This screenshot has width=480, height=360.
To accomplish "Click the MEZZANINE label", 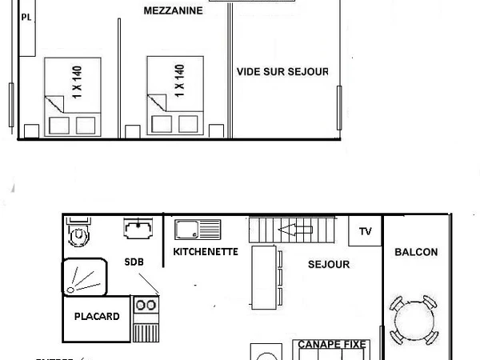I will pos(173,11).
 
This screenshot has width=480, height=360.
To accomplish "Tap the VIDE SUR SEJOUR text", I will pos(282,71).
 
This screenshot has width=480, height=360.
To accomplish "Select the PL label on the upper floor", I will pos(26,17).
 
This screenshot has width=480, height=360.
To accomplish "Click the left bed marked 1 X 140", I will pos(73,97).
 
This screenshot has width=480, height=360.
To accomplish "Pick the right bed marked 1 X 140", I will pos(175,97).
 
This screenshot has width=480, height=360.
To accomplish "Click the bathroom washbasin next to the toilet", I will pos(138,229).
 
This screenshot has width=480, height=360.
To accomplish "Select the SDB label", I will pos(134,262).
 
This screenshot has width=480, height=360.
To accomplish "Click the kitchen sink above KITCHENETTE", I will pos(198,230).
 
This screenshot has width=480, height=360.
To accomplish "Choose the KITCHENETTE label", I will pos(206,251).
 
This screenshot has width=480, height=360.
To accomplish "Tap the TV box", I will pos(366,231).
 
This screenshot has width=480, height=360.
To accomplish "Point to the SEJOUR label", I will pos(329,264).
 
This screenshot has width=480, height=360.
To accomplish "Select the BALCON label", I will pos(416,252).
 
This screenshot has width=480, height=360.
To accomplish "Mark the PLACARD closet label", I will pos(97,317).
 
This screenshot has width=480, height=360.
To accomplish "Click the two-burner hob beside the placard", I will pos(146,305).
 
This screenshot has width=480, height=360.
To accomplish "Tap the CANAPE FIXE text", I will pos(332,344).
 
